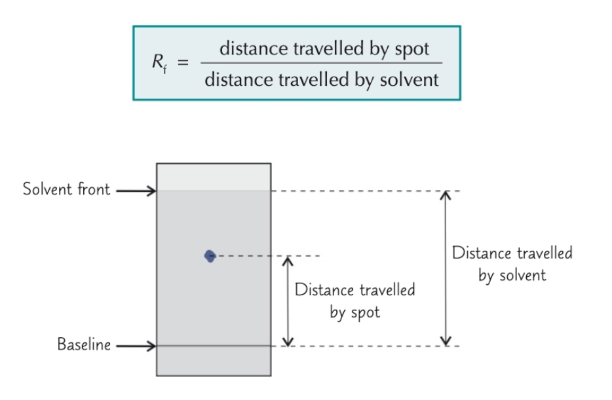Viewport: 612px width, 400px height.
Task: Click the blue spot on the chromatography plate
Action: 210,256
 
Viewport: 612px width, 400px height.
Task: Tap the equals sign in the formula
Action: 183,64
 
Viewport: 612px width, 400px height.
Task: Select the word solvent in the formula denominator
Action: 412,80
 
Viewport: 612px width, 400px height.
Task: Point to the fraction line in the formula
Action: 322,64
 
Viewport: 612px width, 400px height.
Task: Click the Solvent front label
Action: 66,190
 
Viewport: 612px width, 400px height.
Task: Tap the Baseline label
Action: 83,344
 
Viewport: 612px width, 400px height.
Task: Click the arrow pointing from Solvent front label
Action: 136,191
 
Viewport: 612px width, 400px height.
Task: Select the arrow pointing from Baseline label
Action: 136,346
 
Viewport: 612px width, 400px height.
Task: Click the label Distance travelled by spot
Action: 354,300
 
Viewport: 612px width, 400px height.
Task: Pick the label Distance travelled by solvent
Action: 512,264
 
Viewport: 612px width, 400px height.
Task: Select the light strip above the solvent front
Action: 214,177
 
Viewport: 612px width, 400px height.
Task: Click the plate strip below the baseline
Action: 214,361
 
